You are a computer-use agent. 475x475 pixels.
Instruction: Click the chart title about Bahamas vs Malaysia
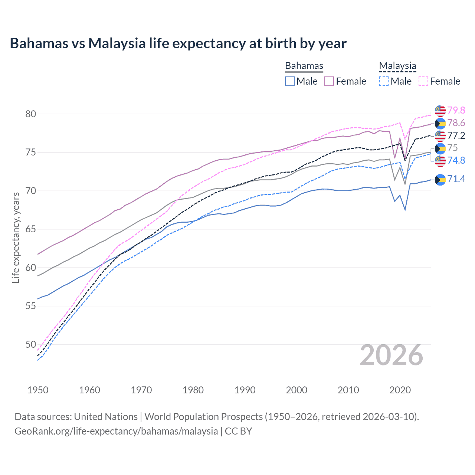click(178, 43)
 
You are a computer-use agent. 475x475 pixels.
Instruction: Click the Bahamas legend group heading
click(304, 66)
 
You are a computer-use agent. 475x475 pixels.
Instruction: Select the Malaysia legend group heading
click(397, 66)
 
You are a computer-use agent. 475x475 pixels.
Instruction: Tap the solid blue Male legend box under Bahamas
click(290, 81)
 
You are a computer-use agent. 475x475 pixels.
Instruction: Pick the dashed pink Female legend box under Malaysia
click(423, 81)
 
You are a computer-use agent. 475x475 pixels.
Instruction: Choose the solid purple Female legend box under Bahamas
click(329, 81)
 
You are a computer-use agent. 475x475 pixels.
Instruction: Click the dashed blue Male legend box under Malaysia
click(384, 81)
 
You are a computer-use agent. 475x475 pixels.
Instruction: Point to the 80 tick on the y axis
click(31, 114)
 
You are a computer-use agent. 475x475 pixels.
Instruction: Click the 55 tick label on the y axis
click(31, 306)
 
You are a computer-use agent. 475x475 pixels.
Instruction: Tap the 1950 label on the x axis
click(38, 390)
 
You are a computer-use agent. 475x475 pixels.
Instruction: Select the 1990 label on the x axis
click(245, 390)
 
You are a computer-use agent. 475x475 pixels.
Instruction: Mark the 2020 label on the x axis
click(400, 390)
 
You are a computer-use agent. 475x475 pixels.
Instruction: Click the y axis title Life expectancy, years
click(16, 237)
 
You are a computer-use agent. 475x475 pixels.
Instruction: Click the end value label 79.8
click(456, 110)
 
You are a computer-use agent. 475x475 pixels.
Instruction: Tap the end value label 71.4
click(456, 179)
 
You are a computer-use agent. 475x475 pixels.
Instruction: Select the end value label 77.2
click(456, 135)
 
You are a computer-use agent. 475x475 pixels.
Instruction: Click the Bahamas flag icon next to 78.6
click(440, 123)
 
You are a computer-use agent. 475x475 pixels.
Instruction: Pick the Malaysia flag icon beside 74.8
click(440, 161)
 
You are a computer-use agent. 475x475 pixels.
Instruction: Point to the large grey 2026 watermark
click(392, 355)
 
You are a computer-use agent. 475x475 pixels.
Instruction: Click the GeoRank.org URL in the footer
click(116, 431)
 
